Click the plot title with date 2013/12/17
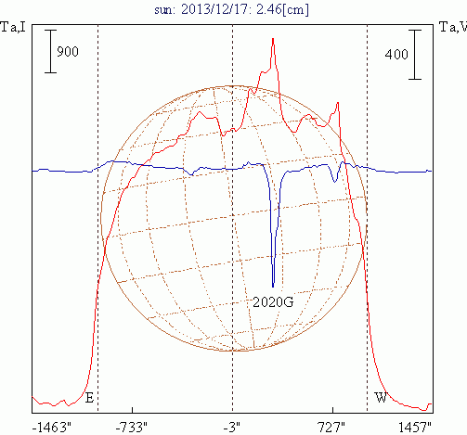tap(231, 9)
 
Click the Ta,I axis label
tap(13, 27)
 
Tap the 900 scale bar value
tap(68, 51)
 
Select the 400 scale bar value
tap(396, 55)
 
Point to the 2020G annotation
tap(273, 301)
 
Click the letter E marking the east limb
tap(89, 398)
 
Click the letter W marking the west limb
tap(381, 398)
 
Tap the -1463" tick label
tap(52, 428)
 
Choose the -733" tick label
tap(132, 428)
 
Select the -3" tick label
tap(232, 428)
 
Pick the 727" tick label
tap(331, 428)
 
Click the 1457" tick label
tap(415, 428)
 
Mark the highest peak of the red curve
tap(273, 39)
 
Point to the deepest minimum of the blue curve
tap(273, 287)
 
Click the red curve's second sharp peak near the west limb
tap(338, 103)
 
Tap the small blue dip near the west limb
tap(334, 182)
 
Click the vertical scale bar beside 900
tap(50, 51)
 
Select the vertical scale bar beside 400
tap(415, 55)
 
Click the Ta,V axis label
tap(453, 27)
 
